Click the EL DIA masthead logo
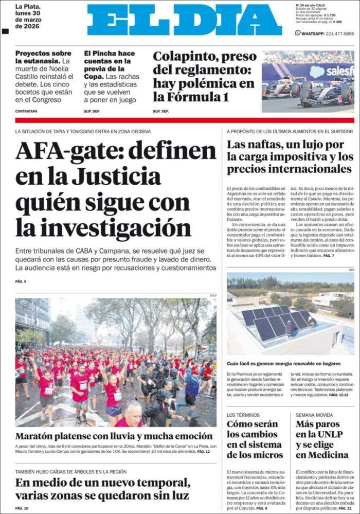click(x=184, y=20)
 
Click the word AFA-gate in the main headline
click(x=66, y=151)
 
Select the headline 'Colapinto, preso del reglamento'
click(x=204, y=63)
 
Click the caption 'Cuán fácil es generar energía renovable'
click(x=284, y=363)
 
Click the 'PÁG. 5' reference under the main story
click(x=21, y=281)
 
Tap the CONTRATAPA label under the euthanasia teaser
click(x=26, y=111)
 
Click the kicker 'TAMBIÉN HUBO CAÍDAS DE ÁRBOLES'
click(x=71, y=471)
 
